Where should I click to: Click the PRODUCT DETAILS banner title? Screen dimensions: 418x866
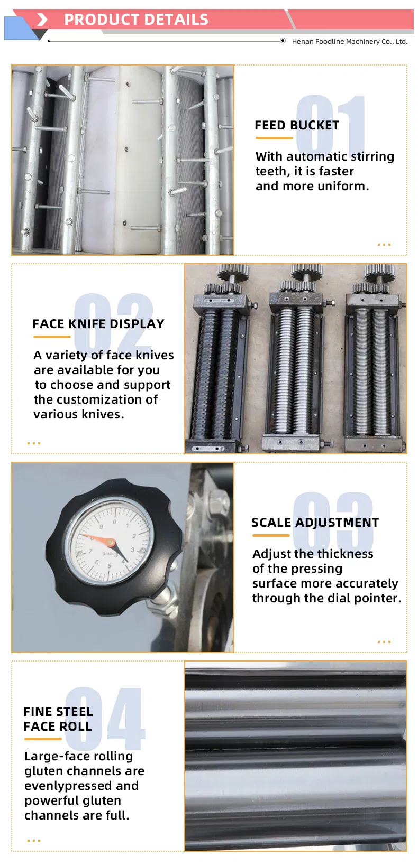click(x=136, y=20)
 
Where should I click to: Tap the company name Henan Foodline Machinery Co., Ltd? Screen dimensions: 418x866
click(x=350, y=41)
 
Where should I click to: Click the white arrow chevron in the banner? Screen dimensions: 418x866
click(x=42, y=20)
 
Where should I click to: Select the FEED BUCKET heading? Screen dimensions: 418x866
click(x=297, y=125)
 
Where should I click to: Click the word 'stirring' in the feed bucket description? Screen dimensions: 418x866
click(x=372, y=156)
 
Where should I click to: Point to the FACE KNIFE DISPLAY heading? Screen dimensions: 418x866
click(x=98, y=323)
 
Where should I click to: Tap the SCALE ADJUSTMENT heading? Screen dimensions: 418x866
click(x=315, y=523)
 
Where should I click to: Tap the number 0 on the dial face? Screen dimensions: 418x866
click(x=114, y=522)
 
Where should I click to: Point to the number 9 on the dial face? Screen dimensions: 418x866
click(x=102, y=527)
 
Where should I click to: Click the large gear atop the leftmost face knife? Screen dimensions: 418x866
click(x=233, y=272)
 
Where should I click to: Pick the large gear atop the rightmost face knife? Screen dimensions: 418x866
click(x=379, y=272)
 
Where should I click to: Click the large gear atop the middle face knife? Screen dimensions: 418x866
click(x=306, y=272)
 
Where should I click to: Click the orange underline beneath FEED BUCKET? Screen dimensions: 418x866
click(x=274, y=138)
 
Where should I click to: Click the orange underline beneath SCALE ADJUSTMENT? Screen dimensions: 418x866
click(x=271, y=535)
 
